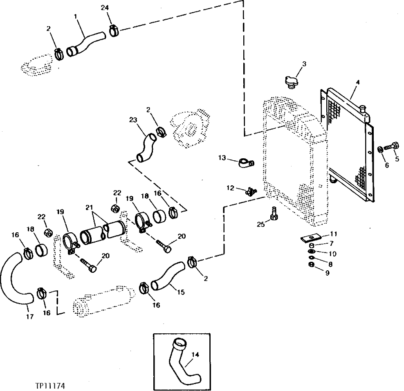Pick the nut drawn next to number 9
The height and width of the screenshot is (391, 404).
point(311,265)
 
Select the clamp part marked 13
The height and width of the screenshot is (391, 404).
point(245,163)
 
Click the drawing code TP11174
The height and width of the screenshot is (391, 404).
point(50,385)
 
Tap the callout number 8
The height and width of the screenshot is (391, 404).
point(330,264)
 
